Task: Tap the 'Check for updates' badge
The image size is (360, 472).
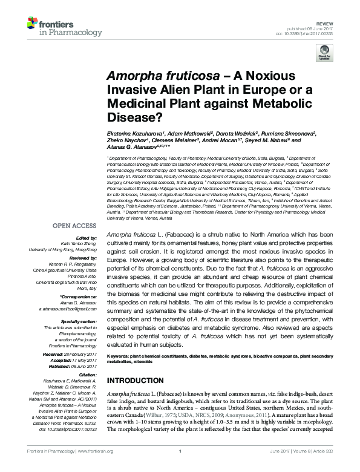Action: click(x=326, y=56)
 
